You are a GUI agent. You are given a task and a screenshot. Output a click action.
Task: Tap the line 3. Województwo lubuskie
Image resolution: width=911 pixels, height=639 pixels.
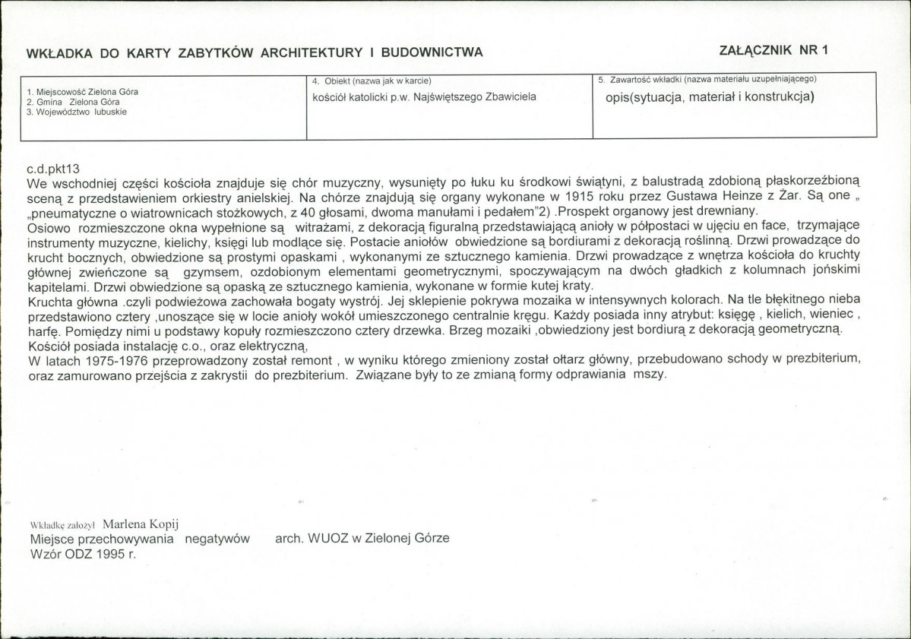76,111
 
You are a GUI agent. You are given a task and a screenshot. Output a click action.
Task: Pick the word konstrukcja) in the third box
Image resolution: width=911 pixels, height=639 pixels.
780,97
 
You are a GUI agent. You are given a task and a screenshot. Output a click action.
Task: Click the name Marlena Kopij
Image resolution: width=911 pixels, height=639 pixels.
141,524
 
